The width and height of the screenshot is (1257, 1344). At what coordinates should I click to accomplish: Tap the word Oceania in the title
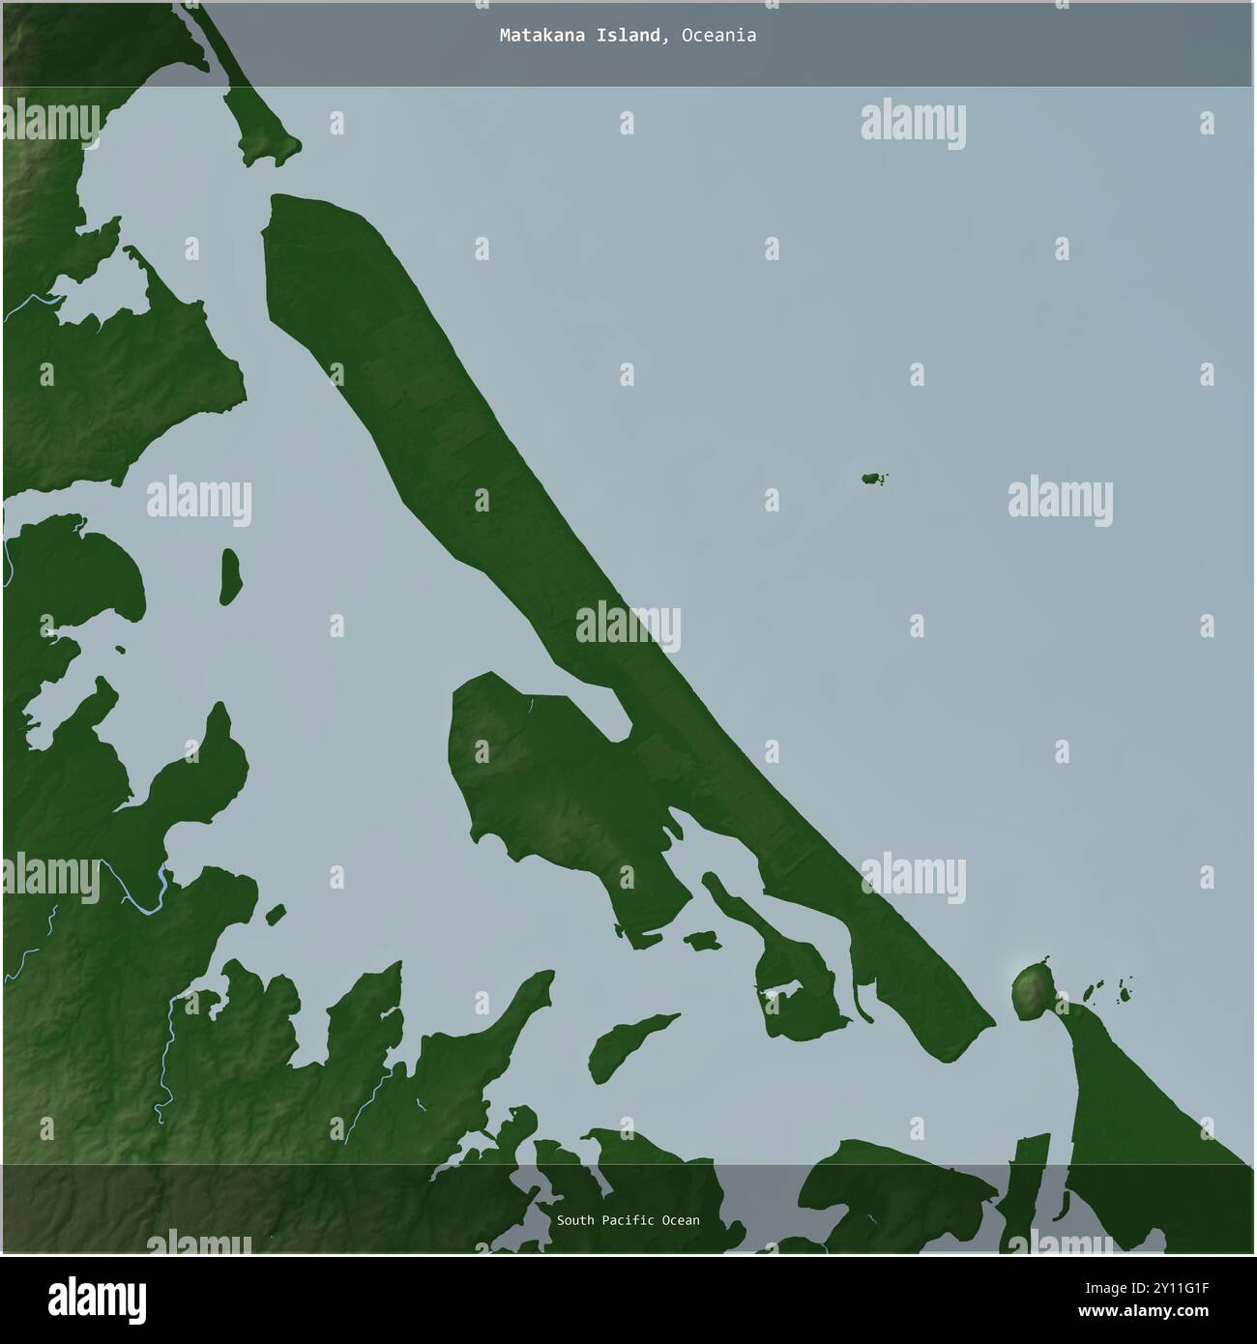[718, 36]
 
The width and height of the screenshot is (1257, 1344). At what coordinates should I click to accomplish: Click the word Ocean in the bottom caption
[681, 1220]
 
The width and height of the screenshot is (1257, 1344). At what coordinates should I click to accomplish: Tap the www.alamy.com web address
[1161, 1312]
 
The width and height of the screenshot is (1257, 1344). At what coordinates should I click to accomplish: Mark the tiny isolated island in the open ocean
[873, 478]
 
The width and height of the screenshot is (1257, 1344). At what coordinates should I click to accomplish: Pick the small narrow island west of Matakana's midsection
[230, 576]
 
